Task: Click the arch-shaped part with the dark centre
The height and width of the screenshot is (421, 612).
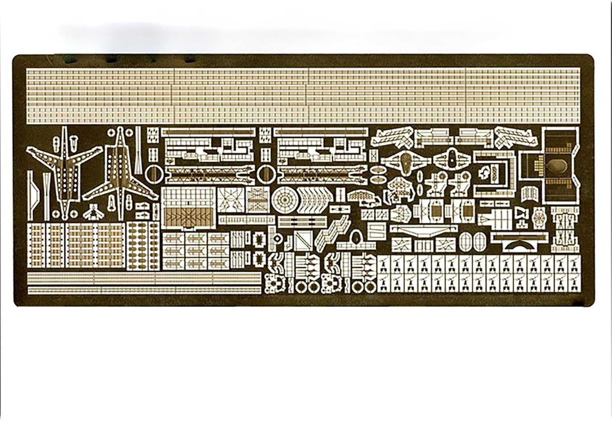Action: tap(357, 237)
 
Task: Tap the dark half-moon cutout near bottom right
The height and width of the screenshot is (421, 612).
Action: tap(515, 245)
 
